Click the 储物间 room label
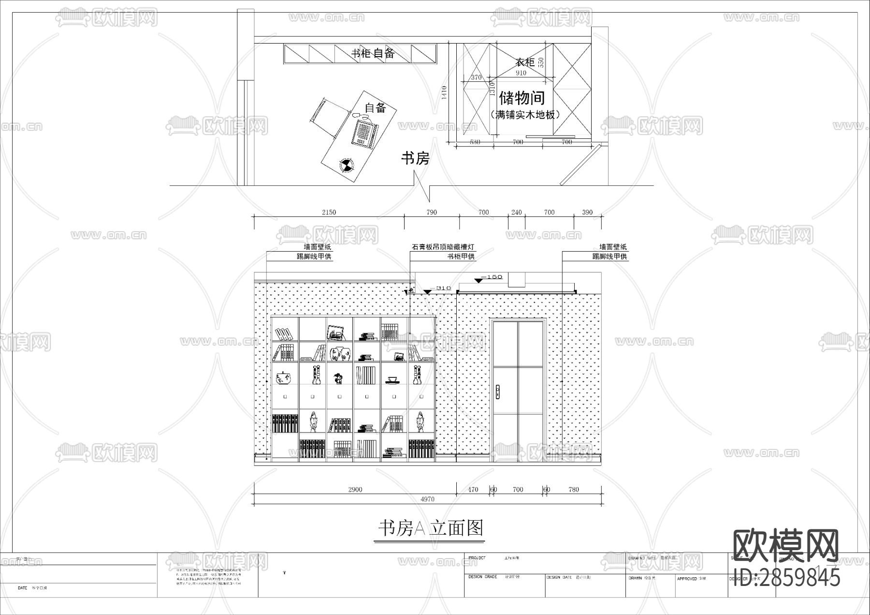(x=522, y=98)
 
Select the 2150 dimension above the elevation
(x=329, y=212)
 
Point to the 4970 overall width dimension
(x=427, y=499)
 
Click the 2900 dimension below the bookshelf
(x=355, y=489)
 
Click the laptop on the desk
(x=363, y=132)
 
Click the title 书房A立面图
(x=430, y=528)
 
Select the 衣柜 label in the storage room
(x=524, y=62)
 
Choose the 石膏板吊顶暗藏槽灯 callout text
(x=443, y=247)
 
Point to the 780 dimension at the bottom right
(x=573, y=489)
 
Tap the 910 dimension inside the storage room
(x=521, y=73)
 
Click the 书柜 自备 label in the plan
(x=373, y=53)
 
